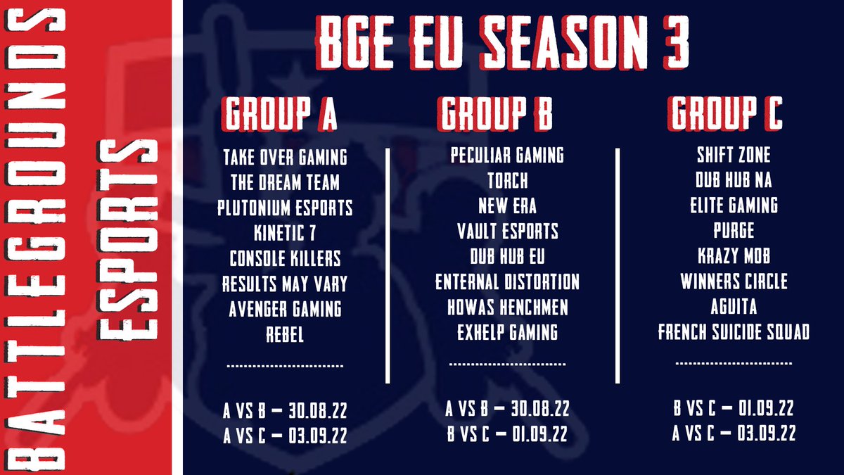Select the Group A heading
[x=280, y=113]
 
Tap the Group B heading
[x=497, y=113]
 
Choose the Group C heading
[x=726, y=113]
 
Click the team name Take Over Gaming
[x=285, y=157]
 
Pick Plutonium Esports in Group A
[x=285, y=208]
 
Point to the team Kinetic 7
[x=285, y=233]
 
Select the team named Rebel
[x=285, y=334]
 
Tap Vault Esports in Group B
[x=507, y=230]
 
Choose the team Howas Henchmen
[x=507, y=307]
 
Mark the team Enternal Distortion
[x=507, y=281]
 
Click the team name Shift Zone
[x=734, y=155]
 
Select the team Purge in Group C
[x=734, y=230]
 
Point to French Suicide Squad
[x=734, y=331]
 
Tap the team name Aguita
[x=734, y=307]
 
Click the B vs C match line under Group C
[x=734, y=409]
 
